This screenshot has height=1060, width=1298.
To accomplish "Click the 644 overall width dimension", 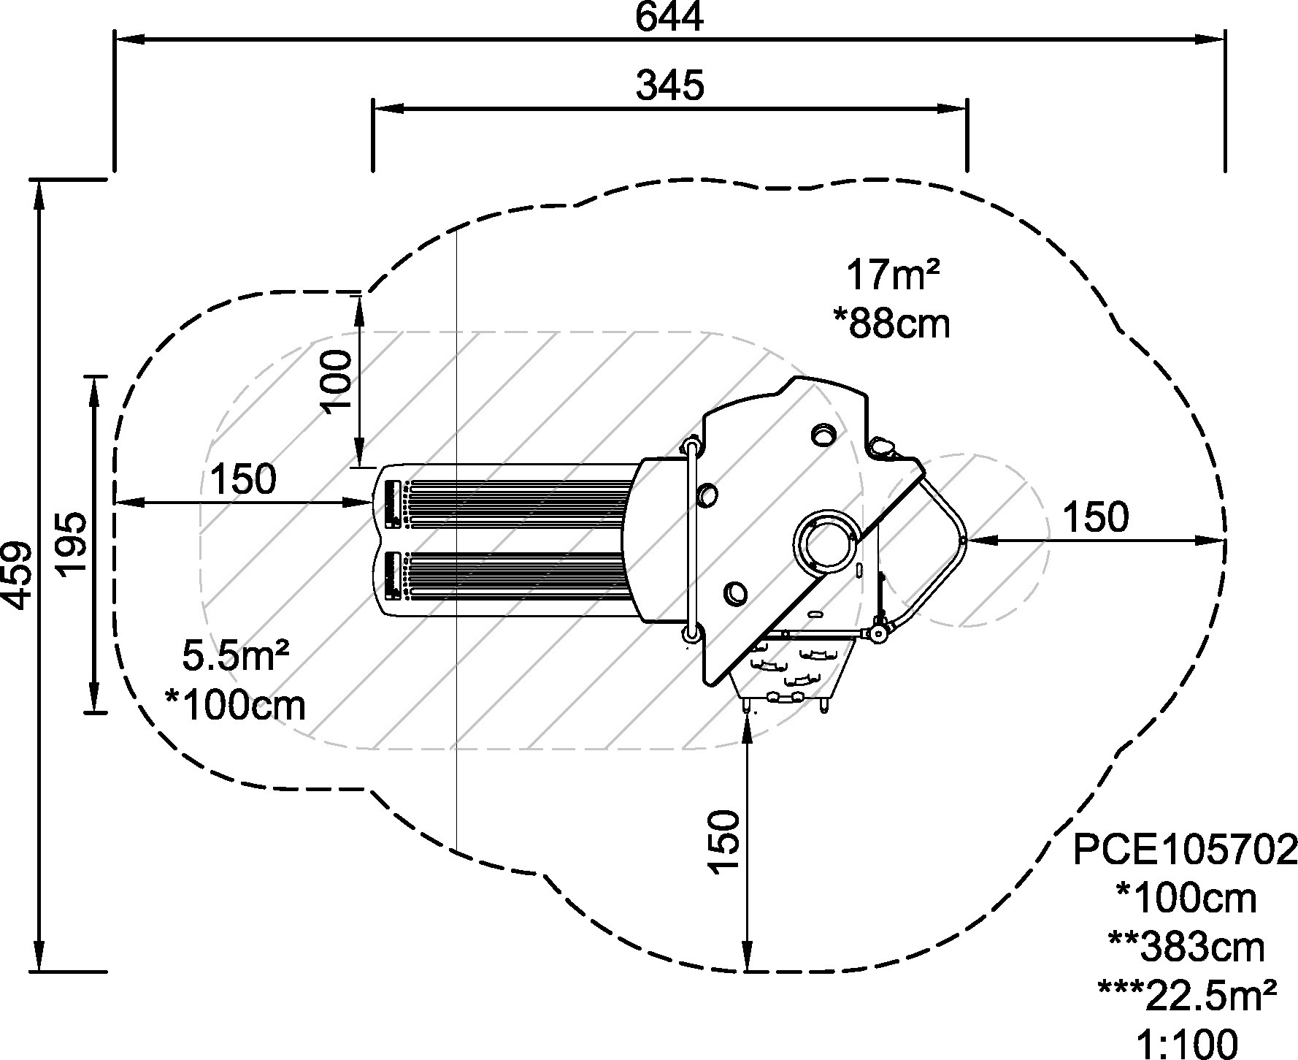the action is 669,18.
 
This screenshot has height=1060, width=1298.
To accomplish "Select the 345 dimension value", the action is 669,85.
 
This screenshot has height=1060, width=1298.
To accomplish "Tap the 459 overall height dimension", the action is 18,574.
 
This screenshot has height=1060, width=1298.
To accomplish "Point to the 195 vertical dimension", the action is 74,544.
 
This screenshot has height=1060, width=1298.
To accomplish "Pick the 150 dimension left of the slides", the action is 243,479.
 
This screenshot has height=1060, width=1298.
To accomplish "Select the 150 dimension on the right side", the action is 1095,517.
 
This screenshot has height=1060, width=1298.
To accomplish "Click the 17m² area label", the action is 892,276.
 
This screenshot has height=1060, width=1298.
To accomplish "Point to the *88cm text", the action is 891,322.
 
